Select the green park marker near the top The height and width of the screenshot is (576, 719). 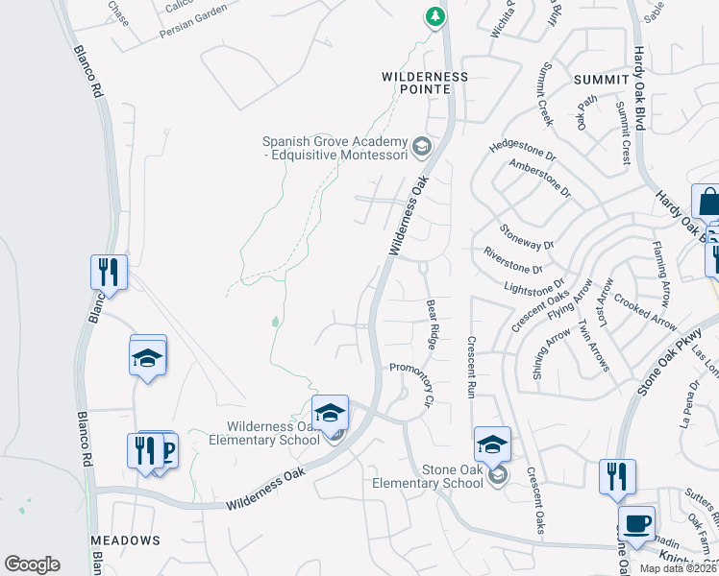435,16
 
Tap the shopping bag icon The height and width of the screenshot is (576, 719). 708,204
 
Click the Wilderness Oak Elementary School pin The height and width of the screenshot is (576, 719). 330,414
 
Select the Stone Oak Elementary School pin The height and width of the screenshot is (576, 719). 492,444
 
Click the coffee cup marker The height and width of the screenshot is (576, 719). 636,524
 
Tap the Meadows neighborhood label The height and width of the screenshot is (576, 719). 125,541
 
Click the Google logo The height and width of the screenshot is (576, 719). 32,564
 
